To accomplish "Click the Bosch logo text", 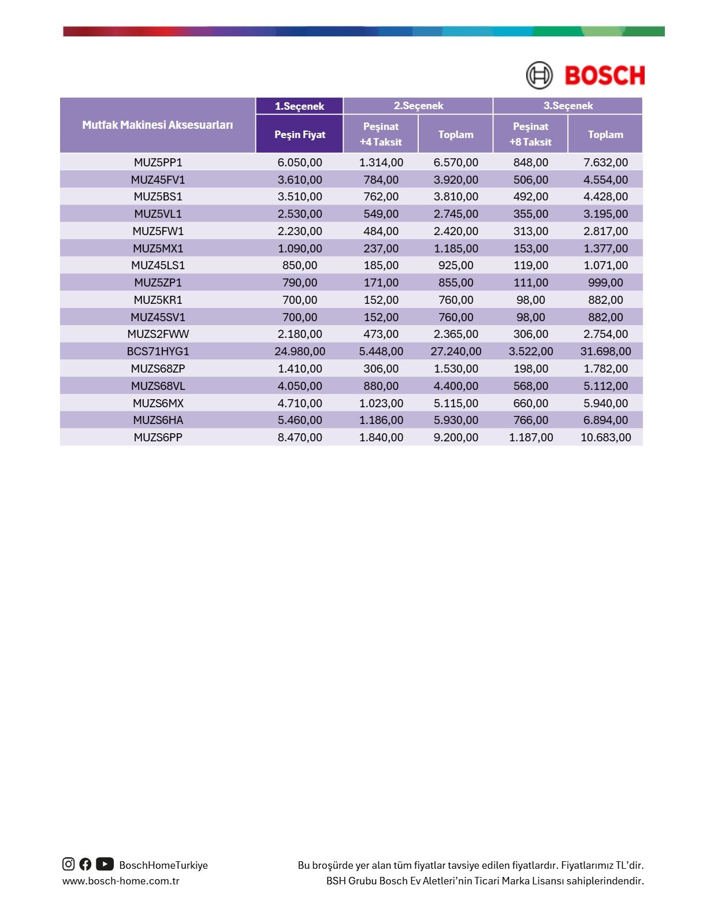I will [x=604, y=76].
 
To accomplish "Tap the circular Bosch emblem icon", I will [x=539, y=76].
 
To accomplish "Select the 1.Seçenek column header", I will [x=299, y=106].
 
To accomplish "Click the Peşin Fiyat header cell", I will [x=299, y=134].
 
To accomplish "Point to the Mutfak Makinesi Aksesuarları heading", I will [x=157, y=125].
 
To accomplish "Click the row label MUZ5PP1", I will [x=158, y=162].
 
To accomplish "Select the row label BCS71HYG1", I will [x=158, y=351].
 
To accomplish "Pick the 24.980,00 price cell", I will [x=299, y=351].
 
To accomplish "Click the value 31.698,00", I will [x=605, y=351].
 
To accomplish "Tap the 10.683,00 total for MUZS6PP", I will [x=605, y=437].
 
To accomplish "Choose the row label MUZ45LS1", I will [x=158, y=265].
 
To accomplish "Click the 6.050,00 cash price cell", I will [x=299, y=162].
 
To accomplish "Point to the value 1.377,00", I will [x=605, y=248].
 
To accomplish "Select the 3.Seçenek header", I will [x=568, y=106].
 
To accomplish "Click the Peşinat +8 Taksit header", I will [x=530, y=134].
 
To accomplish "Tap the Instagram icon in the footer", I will [x=68, y=864].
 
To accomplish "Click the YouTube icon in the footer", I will [x=105, y=864].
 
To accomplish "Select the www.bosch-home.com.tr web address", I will [x=121, y=881].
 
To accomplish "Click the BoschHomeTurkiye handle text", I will [x=163, y=865].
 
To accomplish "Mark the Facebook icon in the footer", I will [x=85, y=864].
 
